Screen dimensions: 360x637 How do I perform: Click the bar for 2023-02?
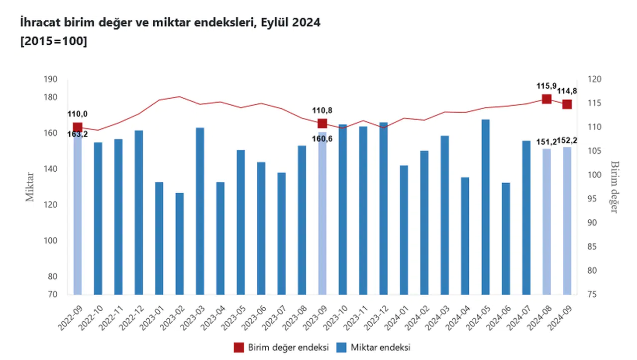(x=179, y=243)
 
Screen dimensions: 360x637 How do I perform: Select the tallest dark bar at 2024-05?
(x=485, y=207)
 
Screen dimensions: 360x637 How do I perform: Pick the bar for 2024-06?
(x=506, y=239)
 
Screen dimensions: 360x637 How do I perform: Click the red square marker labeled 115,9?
(x=546, y=99)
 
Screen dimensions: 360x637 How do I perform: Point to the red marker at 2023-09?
(x=322, y=123)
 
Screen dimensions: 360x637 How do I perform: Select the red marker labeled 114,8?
(x=567, y=104)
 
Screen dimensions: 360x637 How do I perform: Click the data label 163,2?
(x=78, y=133)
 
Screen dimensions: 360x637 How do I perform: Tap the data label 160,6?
(x=322, y=139)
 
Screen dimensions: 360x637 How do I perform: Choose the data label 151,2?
(x=546, y=142)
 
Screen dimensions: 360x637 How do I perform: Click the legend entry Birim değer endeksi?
(x=281, y=347)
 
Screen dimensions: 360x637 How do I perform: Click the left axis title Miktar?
(x=30, y=187)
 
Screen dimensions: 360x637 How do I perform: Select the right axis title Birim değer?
(x=615, y=187)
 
